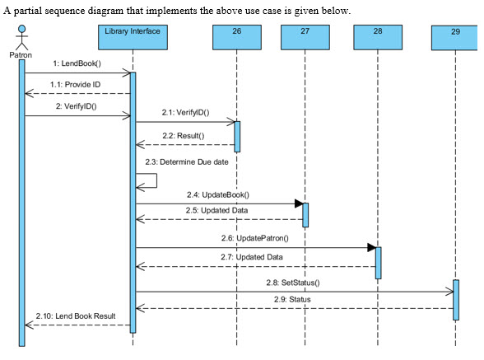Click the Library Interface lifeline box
click(x=133, y=37)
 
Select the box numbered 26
click(x=236, y=37)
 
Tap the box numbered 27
click(x=305, y=37)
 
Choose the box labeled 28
click(x=378, y=37)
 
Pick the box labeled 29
click(x=455, y=38)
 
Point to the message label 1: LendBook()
click(x=76, y=63)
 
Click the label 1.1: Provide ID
click(x=76, y=84)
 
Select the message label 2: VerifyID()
click(x=76, y=106)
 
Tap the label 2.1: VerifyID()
click(x=185, y=112)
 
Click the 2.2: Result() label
click(x=184, y=135)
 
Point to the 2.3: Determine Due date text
click(x=186, y=161)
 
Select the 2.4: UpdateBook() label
click(x=218, y=194)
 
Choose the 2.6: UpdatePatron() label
click(x=254, y=238)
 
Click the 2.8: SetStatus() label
click(x=292, y=283)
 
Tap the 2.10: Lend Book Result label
click(x=76, y=316)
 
